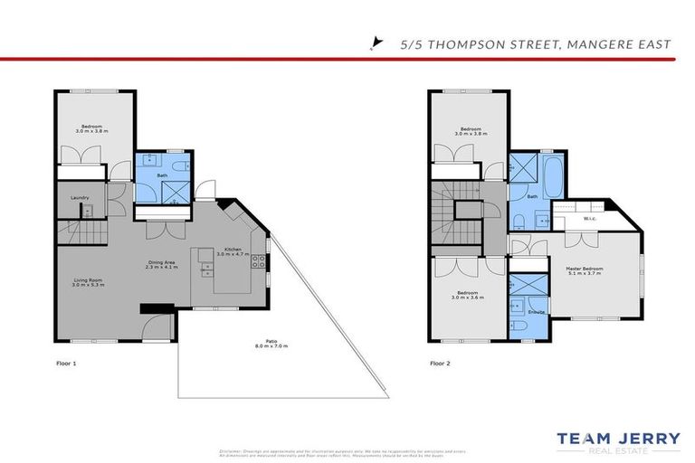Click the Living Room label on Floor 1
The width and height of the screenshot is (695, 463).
pyautogui.click(x=89, y=282)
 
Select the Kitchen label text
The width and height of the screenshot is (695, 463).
pyautogui.click(x=233, y=250)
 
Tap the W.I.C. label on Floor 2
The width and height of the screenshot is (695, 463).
pyautogui.click(x=588, y=218)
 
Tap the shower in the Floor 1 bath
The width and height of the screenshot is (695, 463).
pyautogui.click(x=169, y=192)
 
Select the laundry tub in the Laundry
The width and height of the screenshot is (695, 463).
pyautogui.click(x=88, y=211)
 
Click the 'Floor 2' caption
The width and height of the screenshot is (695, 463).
pyautogui.click(x=440, y=363)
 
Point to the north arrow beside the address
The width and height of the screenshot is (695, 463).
pyautogui.click(x=376, y=42)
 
